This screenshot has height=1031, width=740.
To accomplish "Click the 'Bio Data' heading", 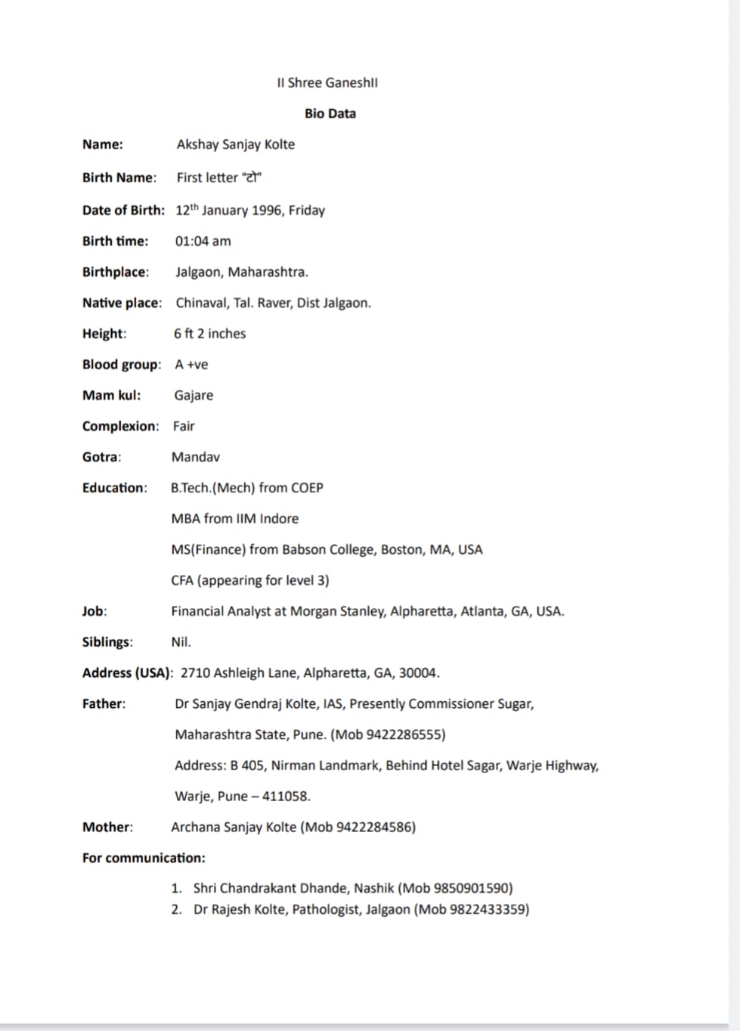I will tap(330, 113).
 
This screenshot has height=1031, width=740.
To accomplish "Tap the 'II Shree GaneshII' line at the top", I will tap(327, 82).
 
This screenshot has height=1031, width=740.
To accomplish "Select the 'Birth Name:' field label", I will tap(119, 178).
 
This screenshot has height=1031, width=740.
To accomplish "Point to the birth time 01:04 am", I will tap(203, 241).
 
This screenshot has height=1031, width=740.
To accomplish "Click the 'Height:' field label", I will tap(104, 334).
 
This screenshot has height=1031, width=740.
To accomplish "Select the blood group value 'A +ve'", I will tap(191, 365).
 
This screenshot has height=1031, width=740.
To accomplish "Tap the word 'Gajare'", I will tap(194, 396).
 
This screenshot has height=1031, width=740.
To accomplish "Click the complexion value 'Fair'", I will tap(184, 427).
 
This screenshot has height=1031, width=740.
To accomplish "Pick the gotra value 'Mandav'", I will tap(196, 457).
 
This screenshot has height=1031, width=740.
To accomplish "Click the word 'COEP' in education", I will tap(307, 488).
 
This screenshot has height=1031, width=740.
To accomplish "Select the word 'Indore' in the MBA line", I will tap(279, 519).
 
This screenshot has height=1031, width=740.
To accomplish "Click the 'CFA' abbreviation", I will tap(182, 581).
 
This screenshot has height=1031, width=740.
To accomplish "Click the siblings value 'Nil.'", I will tap(181, 642).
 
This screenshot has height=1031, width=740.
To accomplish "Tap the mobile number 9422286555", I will tap(404, 734).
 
